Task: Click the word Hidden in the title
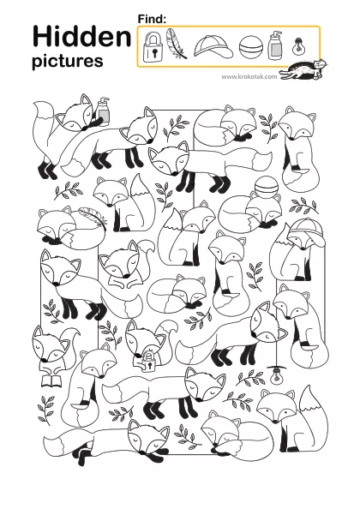coord(81,37)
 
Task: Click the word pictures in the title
coord(68,61)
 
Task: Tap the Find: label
coord(152,19)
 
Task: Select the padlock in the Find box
coord(153,47)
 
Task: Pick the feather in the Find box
coord(176,44)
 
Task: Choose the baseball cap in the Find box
coord(213,47)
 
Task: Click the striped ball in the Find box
coord(251,47)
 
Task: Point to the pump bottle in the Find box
coord(275,45)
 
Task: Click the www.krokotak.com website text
coord(249,76)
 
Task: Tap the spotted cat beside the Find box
coord(303,69)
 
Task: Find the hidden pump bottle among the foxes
coord(103,111)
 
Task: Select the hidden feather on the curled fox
coord(93,215)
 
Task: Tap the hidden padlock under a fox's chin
coord(148,362)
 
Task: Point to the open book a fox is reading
coord(51,380)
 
